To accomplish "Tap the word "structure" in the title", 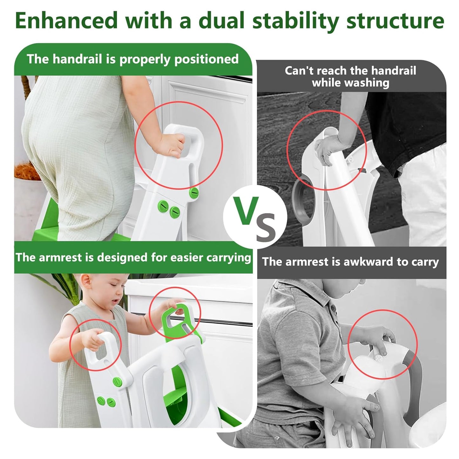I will (x=395, y=21).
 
